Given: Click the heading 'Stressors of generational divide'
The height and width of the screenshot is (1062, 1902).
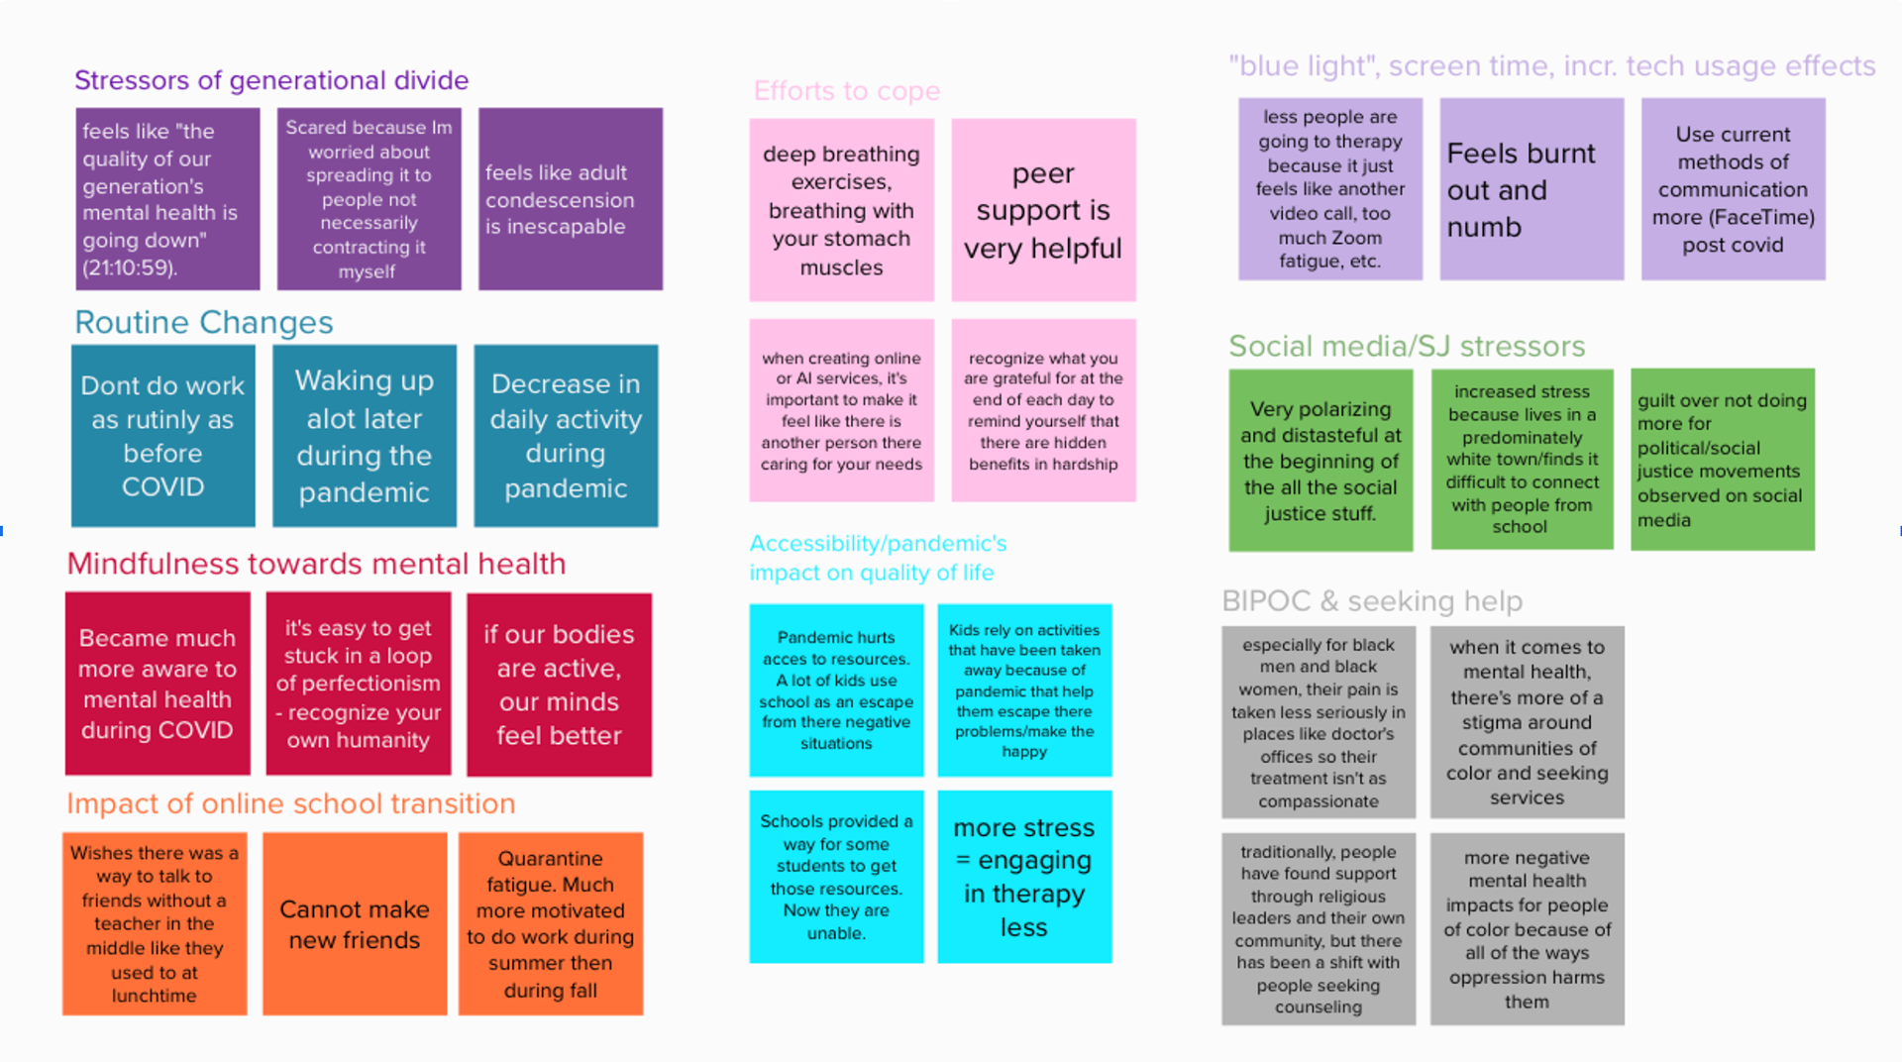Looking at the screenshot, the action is [x=271, y=80].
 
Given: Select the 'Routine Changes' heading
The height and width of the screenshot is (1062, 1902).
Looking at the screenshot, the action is [x=204, y=322].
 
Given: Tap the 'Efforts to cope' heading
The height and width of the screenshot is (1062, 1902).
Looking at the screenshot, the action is [x=847, y=91].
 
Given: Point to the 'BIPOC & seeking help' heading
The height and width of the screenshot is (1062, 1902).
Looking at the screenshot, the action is [x=1372, y=600].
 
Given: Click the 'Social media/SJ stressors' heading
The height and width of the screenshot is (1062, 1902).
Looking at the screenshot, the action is [x=1407, y=346].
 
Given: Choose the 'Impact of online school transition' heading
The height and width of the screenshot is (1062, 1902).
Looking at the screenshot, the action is [x=291, y=803].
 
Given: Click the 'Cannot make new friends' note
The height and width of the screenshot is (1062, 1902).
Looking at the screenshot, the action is [x=355, y=924].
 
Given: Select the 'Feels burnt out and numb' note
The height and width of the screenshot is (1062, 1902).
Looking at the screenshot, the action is [x=1532, y=189].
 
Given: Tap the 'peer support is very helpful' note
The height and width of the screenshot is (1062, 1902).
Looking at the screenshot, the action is [x=1043, y=210].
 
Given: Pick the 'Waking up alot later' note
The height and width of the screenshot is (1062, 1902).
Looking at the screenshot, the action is [x=365, y=436].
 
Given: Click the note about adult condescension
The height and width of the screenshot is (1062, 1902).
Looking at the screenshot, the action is [x=571, y=199].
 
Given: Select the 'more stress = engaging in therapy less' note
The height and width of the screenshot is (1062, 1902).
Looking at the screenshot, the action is [x=1024, y=877].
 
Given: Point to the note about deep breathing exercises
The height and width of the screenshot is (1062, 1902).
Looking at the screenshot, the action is [x=841, y=210].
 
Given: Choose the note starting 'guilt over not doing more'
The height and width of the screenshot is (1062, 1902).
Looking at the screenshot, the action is [x=1723, y=460].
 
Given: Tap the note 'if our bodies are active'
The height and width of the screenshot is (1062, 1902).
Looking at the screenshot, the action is [x=559, y=685].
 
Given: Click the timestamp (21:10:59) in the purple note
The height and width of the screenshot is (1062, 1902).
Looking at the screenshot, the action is [x=130, y=267].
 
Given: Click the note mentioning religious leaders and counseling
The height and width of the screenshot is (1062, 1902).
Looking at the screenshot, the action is [x=1319, y=929].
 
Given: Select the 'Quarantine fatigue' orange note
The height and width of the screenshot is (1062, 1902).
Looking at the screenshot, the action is [x=551, y=924].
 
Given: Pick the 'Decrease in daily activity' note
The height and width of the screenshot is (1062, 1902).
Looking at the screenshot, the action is [x=566, y=436].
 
